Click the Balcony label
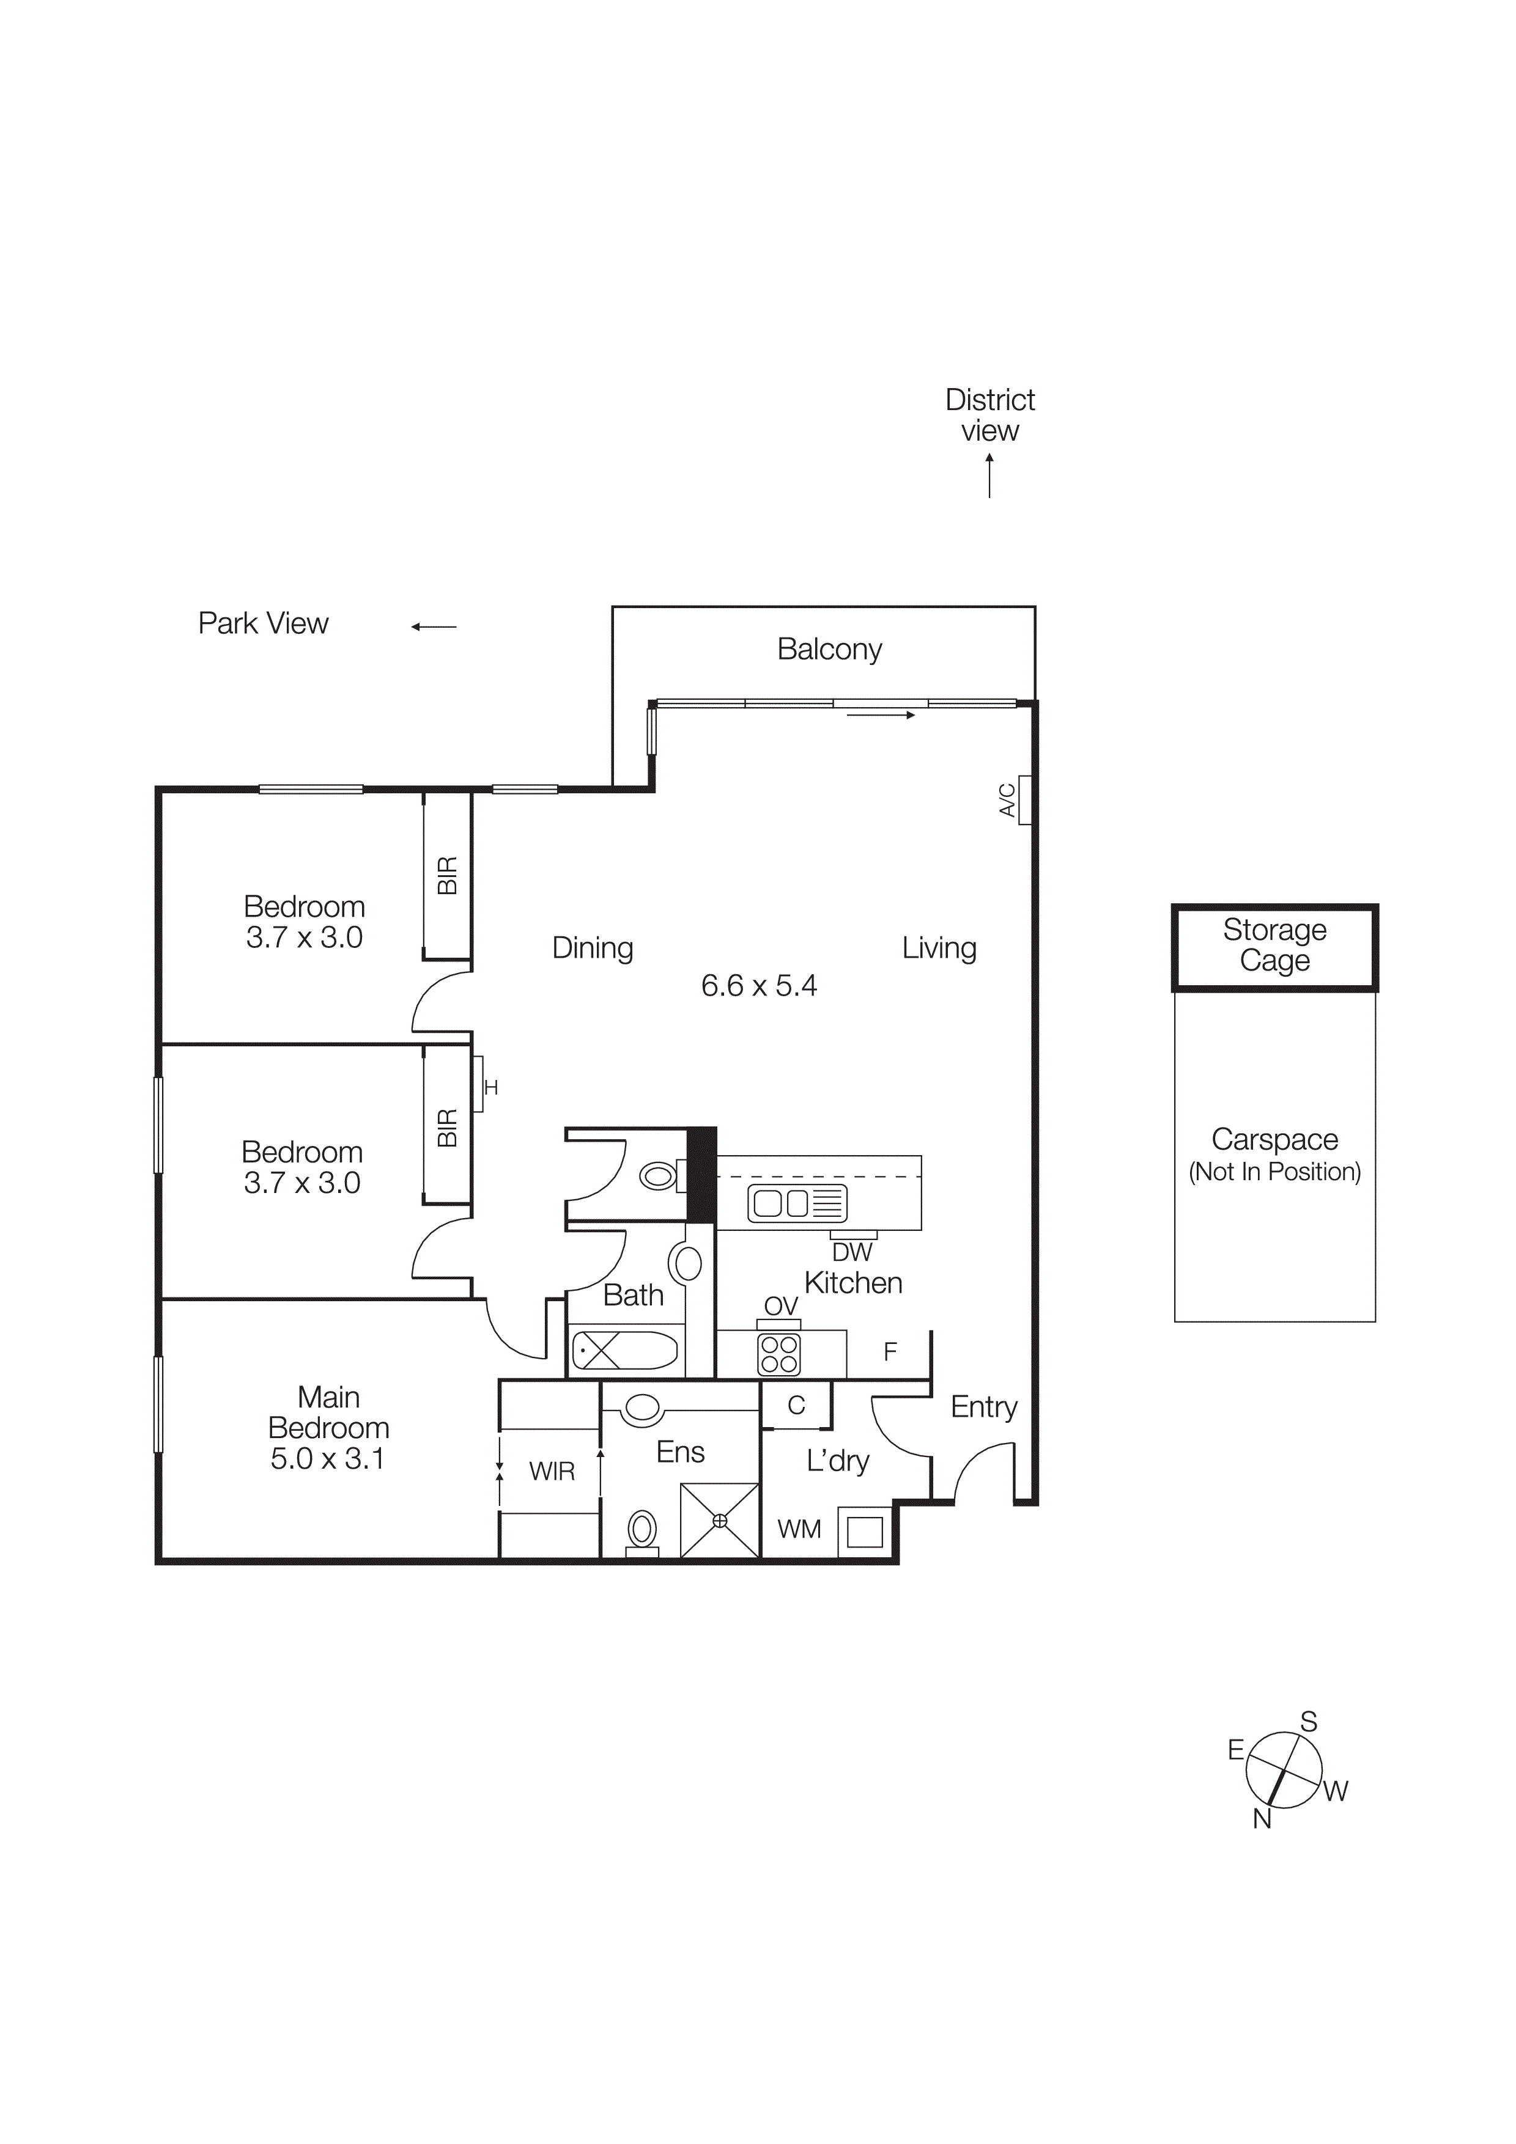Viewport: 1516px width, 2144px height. click(829, 649)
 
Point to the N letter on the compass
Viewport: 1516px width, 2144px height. click(1262, 1819)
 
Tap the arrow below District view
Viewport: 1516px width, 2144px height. click(989, 475)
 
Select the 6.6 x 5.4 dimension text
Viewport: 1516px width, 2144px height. click(758, 985)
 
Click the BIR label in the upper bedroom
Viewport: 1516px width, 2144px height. click(448, 875)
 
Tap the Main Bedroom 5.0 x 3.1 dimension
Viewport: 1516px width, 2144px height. click(327, 1459)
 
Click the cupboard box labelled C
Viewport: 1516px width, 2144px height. click(796, 1405)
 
